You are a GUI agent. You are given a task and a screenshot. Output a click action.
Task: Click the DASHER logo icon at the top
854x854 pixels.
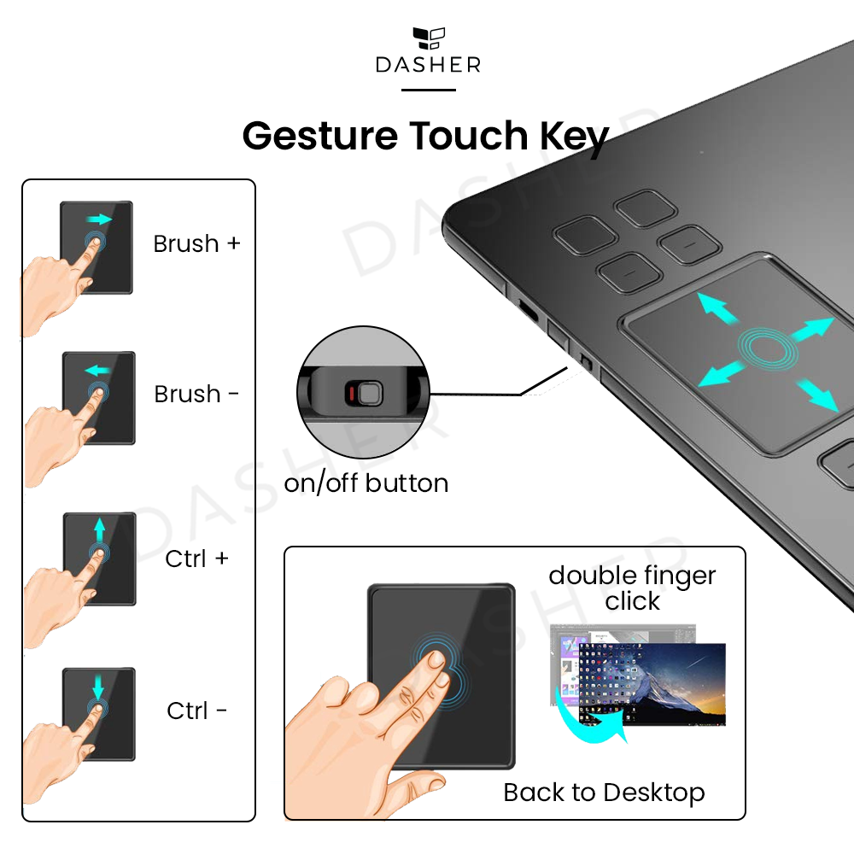429,38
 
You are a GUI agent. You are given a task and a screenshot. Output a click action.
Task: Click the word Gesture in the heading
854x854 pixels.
320,136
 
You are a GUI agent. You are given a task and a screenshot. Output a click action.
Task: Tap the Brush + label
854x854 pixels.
196,243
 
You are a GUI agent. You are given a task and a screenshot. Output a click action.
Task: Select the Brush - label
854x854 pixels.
196,394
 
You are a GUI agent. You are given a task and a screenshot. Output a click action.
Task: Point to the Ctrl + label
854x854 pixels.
196,559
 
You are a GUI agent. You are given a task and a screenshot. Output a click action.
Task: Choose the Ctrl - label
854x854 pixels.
196,711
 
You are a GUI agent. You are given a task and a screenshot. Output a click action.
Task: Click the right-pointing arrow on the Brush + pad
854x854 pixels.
99,219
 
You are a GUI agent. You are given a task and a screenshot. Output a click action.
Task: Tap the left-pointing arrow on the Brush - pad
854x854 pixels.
97,371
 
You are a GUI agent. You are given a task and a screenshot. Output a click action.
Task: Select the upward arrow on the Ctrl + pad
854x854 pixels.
99,530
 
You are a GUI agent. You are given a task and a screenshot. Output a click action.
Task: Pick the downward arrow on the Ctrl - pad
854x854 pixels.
98,687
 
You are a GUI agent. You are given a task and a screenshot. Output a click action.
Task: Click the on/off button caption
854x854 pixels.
366,483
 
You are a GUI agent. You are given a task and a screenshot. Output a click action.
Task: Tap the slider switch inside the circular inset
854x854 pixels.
364,393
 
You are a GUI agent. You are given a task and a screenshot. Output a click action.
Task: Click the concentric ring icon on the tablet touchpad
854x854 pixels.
768,348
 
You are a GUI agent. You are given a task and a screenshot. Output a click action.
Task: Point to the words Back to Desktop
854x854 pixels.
604,793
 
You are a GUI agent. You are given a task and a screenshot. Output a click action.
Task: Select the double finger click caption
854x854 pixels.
632,588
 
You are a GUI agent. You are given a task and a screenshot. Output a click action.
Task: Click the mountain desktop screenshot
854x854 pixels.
652,684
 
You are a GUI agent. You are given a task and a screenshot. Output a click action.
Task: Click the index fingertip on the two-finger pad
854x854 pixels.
436,659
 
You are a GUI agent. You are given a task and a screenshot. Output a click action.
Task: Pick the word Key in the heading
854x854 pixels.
574,137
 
